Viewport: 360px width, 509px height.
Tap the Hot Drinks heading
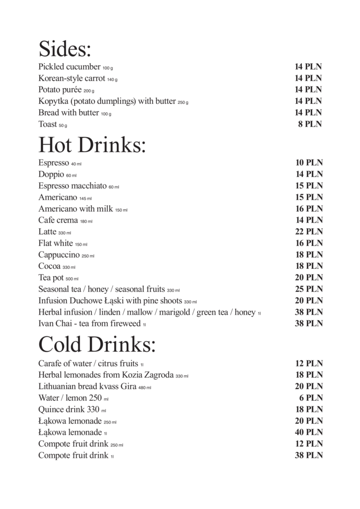point(92,145)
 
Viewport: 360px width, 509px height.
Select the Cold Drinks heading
point(97,344)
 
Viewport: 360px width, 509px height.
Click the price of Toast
point(310,124)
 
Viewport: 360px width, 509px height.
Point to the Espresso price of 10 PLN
point(309,163)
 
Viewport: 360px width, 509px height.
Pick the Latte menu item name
point(47,232)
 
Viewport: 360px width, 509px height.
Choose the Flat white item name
point(55,244)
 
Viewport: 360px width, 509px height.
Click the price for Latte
point(309,232)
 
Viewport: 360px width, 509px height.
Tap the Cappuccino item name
point(59,255)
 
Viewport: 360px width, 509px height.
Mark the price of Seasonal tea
point(309,289)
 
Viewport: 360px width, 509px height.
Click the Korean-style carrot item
point(72,79)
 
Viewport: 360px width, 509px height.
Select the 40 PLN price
point(309,432)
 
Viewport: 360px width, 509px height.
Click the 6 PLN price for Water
point(312,398)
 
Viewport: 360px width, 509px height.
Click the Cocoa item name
point(49,266)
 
